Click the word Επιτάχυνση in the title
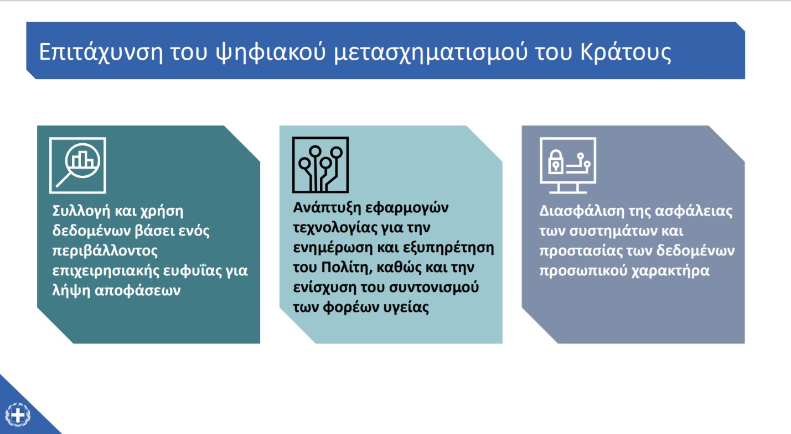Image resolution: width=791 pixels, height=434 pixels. point(101,53)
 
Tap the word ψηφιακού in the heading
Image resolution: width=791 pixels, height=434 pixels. point(271,53)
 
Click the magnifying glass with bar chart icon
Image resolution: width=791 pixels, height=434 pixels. point(77,165)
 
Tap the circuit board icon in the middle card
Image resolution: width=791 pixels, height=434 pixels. point(320,165)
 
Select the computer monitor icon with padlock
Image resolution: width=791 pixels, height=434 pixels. point(568,165)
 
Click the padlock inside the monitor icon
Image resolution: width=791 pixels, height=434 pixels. point(555,162)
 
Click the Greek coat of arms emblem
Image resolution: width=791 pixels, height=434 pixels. point(18,415)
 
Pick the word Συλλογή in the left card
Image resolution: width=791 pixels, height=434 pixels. point(81,211)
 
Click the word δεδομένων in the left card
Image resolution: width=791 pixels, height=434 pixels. point(91,231)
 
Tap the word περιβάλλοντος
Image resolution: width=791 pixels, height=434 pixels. point(105,251)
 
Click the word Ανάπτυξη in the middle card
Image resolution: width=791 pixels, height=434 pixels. point(327,208)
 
